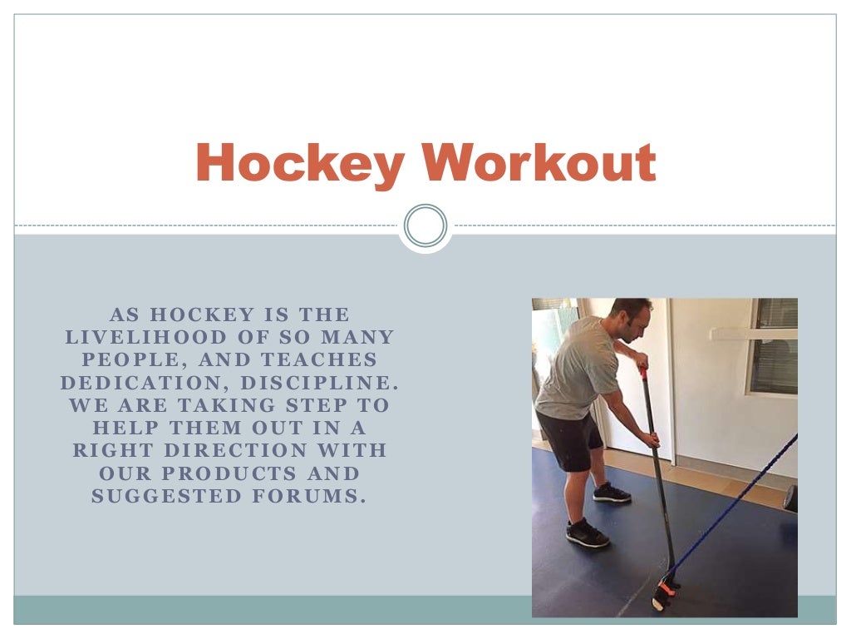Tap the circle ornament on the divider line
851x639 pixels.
pyautogui.click(x=425, y=225)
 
